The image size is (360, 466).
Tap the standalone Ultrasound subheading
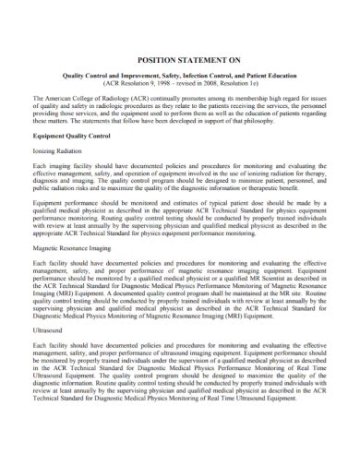(x=49, y=355)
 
